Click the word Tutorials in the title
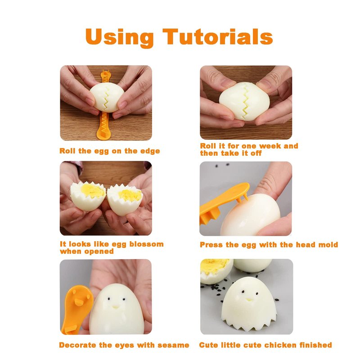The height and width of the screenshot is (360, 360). (x=218, y=37)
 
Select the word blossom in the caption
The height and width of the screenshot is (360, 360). (x=147, y=244)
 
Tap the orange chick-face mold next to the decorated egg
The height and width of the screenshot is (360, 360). (x=76, y=309)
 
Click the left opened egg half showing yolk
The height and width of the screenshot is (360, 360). (x=88, y=195)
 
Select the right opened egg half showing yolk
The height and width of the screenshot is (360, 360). (x=125, y=199)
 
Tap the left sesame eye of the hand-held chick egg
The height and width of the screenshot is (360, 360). (x=109, y=299)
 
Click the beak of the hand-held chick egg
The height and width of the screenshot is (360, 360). (x=116, y=307)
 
